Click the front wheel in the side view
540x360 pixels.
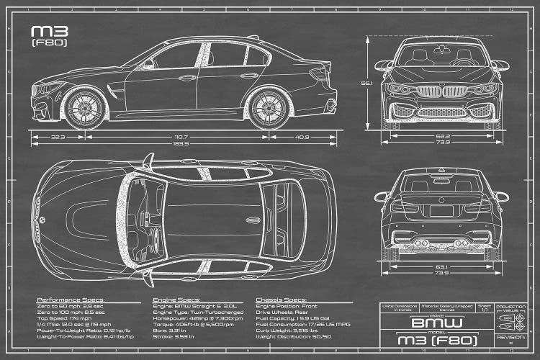[x=86, y=106]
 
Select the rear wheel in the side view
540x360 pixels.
[x=270, y=106]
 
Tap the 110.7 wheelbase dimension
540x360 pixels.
[x=179, y=136]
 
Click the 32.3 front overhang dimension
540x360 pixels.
[x=58, y=136]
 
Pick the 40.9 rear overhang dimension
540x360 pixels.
[x=302, y=136]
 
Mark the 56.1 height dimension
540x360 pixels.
[x=367, y=84]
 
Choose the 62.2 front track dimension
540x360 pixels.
[x=442, y=136]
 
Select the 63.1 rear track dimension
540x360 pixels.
[x=442, y=266]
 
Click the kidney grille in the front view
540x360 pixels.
[x=442, y=91]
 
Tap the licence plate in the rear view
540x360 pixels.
[x=442, y=210]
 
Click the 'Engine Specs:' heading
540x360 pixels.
[x=176, y=298]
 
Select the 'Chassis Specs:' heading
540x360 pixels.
[x=281, y=298]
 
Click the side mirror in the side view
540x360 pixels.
[x=148, y=64]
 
